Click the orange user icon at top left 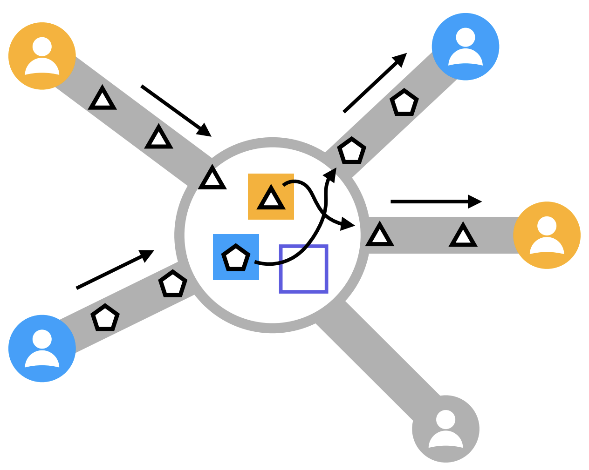coord(42,56)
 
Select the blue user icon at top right coord(466,47)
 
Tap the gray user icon coord(446,429)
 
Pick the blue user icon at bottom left coord(42,348)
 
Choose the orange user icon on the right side coord(547,235)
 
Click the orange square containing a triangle coord(271,196)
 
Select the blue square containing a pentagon coord(236,257)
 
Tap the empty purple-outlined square coord(304,269)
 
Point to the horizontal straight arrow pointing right coord(436,201)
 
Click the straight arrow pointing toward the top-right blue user coord(375,83)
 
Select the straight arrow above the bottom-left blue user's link coord(115,269)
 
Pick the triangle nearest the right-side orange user coord(463,235)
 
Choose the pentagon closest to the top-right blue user coord(404,103)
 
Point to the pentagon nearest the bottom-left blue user coord(105,318)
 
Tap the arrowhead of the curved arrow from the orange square coord(347,224)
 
